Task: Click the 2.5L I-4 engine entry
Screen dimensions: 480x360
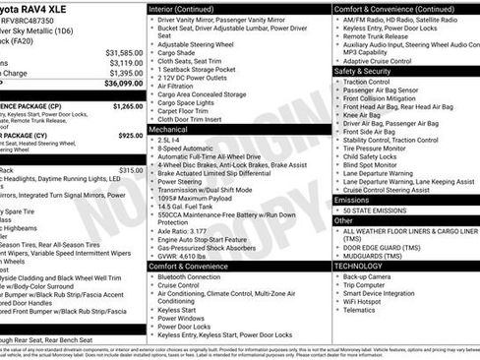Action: click(x=169, y=141)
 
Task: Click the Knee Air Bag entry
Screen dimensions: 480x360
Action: click(x=363, y=114)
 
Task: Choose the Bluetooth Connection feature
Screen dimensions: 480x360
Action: click(x=197, y=277)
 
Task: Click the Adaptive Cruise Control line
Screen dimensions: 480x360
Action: click(x=383, y=60)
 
